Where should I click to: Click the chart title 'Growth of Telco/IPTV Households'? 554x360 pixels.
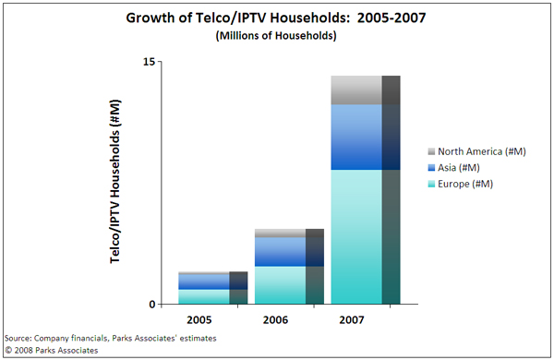[276, 18]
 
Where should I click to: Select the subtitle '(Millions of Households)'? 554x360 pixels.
[276, 36]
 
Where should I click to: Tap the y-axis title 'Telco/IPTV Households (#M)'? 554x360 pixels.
[117, 184]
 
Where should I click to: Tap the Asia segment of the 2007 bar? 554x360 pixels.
[356, 138]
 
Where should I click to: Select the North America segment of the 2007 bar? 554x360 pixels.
[356, 90]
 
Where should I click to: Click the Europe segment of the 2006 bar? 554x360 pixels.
[280, 285]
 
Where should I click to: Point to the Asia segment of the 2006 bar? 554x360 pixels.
[280, 252]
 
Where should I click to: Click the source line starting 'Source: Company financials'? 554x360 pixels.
[111, 339]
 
